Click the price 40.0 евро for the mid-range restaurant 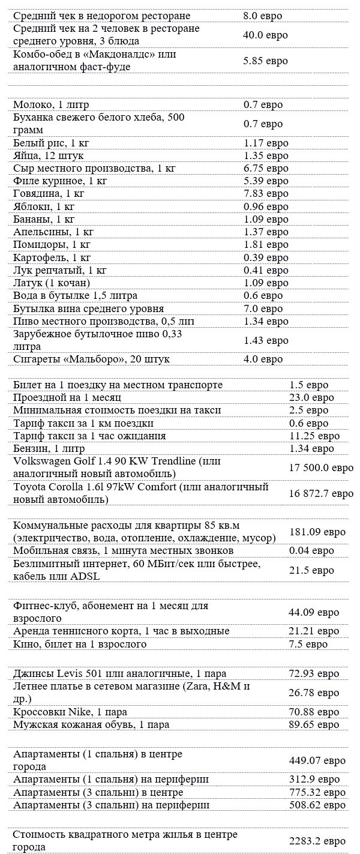pyautogui.click(x=262, y=35)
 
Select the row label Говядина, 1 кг pyautogui.click(x=49, y=193)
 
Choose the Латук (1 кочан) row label pyautogui.click(x=52, y=283)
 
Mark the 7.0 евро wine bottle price pyautogui.click(x=263, y=308)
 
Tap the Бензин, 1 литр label pyautogui.click(x=49, y=448)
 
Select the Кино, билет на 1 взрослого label pyautogui.click(x=80, y=644)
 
